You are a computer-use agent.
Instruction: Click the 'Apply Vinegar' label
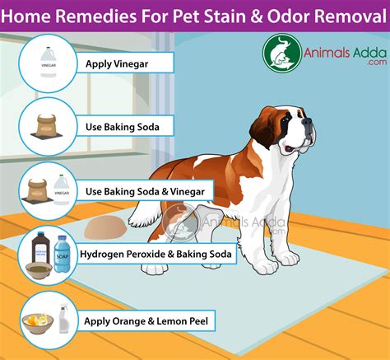124,63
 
